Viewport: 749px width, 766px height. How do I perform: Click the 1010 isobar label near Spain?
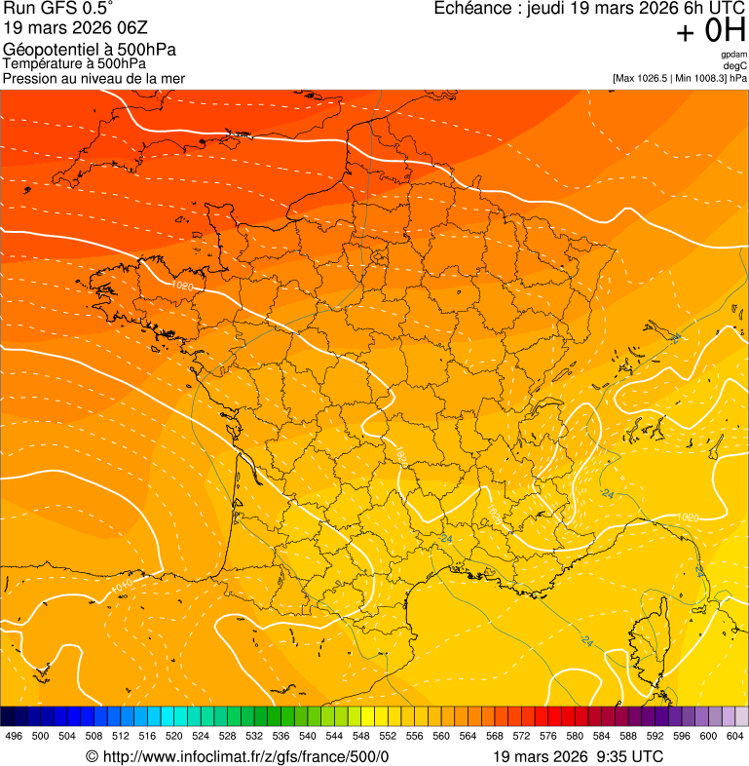pyautogui.click(x=122, y=585)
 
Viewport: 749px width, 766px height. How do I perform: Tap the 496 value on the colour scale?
pyautogui.click(x=14, y=736)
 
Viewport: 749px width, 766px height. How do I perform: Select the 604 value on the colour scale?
pyautogui.click(x=734, y=736)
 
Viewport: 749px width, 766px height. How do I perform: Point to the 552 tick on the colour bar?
pyautogui.click(x=388, y=736)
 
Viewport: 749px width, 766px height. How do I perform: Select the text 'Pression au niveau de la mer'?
pyautogui.click(x=94, y=78)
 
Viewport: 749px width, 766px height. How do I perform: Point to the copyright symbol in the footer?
pyautogui.click(x=93, y=757)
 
